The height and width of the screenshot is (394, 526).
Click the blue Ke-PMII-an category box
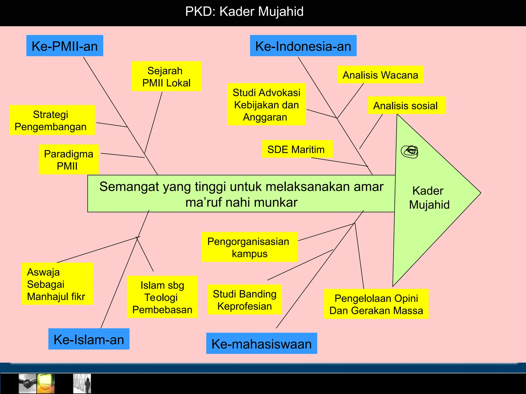coord(65,46)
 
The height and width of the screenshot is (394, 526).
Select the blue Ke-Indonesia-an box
coord(303,46)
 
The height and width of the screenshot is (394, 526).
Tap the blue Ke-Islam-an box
coord(89,339)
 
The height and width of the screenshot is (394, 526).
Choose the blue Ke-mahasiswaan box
coord(261,343)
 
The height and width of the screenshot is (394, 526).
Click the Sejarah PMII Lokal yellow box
coord(166,76)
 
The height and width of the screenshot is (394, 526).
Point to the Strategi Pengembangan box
coord(52,120)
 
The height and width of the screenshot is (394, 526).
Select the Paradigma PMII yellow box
coord(69,160)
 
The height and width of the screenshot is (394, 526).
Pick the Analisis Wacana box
coord(380,75)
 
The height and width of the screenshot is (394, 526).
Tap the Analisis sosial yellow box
coord(407,105)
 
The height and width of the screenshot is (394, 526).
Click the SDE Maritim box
coord(297,149)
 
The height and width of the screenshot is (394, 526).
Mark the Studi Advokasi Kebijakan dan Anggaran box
coord(267,104)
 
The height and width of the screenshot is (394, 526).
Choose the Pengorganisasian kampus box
coord(250,247)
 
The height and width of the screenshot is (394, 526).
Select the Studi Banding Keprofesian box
coord(245,300)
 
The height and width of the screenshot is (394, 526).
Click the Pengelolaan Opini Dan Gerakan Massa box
coord(376,304)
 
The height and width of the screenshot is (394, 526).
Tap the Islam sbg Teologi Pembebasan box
coord(162,297)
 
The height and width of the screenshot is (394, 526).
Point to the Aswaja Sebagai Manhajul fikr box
coord(57,284)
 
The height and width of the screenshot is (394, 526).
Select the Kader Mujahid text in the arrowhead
coord(429,198)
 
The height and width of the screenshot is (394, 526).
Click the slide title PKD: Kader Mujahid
coord(244,12)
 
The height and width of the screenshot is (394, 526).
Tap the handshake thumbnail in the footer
coord(28,383)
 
